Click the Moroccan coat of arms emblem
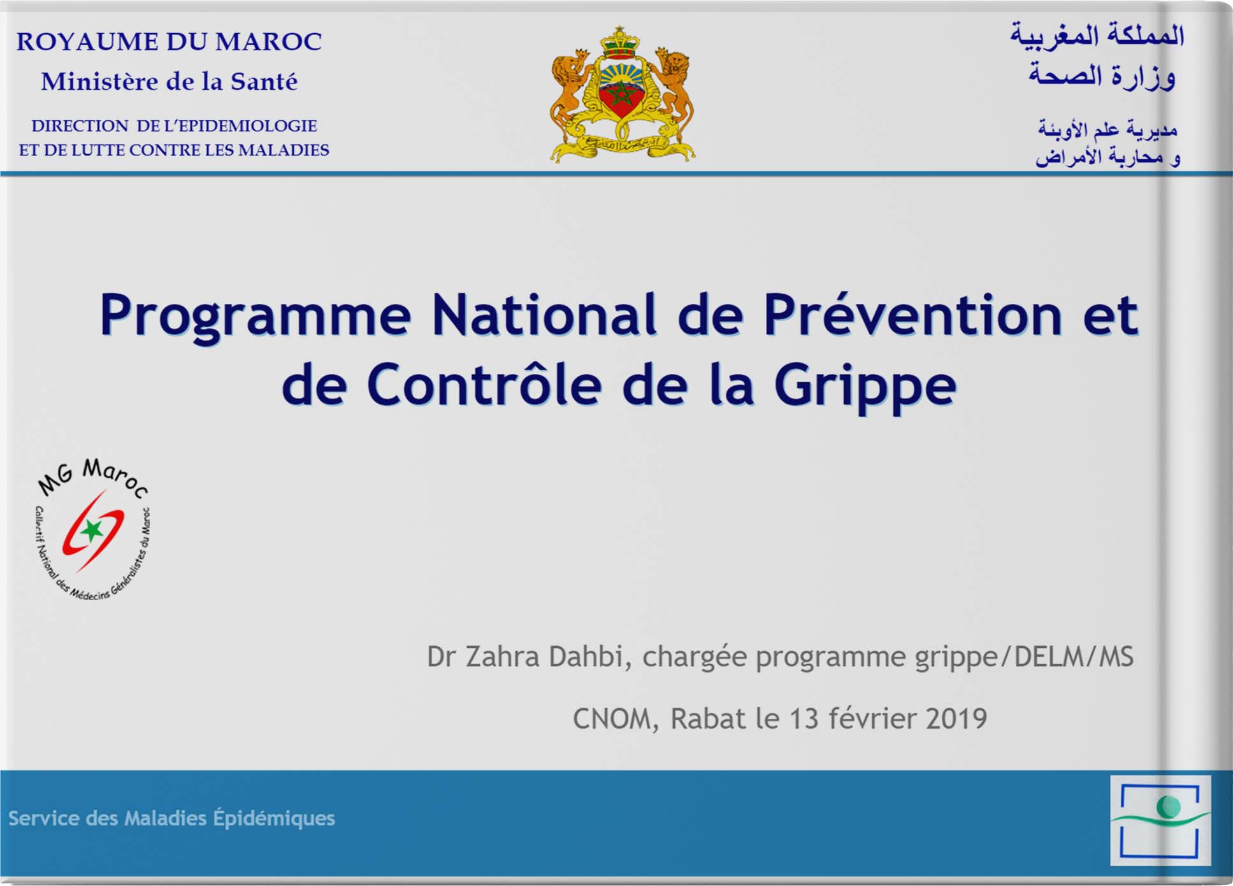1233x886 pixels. tap(623, 94)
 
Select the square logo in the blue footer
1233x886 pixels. tap(1160, 820)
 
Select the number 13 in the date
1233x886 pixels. tap(804, 718)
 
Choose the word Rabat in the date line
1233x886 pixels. tap(708, 718)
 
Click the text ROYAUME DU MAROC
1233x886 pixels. tap(169, 41)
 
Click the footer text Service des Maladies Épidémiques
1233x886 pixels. tap(171, 818)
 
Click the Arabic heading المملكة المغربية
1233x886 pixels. tap(1097, 35)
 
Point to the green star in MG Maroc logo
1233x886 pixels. tap(92, 529)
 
